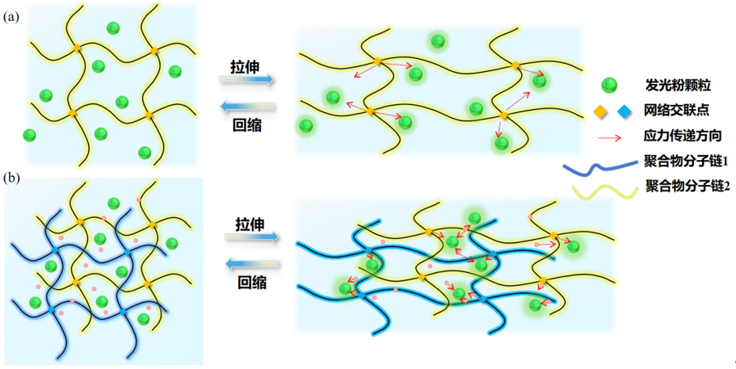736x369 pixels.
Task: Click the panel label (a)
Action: coord(11,18)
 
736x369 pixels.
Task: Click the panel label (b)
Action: coord(11,178)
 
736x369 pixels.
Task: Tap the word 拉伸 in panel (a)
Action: coord(246,66)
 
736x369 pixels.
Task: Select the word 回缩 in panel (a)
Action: coord(247,125)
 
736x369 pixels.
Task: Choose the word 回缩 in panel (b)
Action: coord(252,283)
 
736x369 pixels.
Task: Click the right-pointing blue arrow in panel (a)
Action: coord(247,80)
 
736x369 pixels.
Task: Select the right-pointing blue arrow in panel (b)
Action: coord(252,237)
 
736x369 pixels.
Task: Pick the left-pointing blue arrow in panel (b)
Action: coord(253,265)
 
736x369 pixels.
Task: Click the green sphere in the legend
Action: coord(609,85)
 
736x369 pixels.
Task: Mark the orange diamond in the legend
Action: coord(600,111)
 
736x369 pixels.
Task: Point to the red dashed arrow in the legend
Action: coord(609,138)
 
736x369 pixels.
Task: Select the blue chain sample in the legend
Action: coord(601,167)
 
